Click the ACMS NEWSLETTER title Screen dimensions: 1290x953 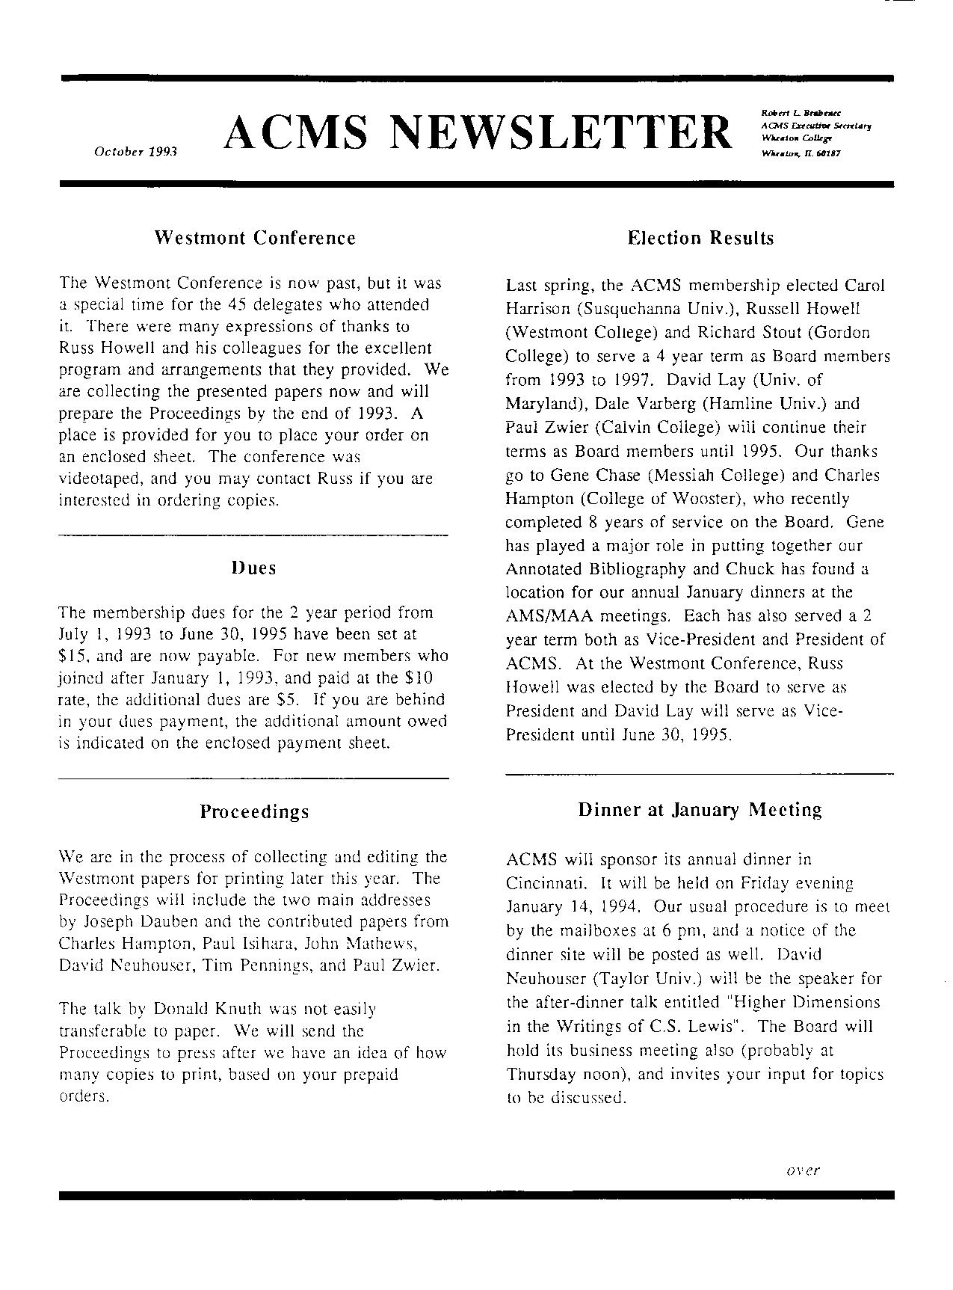(x=478, y=132)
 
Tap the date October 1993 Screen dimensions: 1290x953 (x=135, y=151)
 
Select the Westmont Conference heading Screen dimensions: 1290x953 (x=255, y=238)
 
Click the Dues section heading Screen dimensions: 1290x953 (x=253, y=568)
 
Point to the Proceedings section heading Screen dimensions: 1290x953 (x=254, y=811)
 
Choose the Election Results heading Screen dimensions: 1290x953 (x=700, y=238)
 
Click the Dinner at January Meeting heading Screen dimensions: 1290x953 (x=700, y=809)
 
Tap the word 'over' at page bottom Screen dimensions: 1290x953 (x=803, y=1170)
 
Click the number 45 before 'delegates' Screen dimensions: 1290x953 (x=236, y=305)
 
